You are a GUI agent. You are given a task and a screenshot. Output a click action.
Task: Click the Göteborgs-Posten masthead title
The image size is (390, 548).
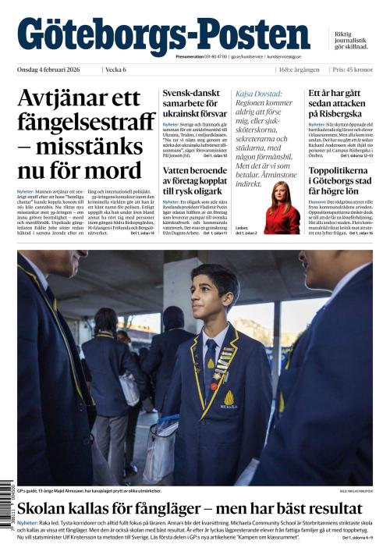(x=163, y=35)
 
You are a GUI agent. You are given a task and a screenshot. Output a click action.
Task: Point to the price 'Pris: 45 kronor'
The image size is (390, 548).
(x=352, y=70)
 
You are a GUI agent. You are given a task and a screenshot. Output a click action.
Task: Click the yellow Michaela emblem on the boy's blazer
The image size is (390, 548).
(x=229, y=400)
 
